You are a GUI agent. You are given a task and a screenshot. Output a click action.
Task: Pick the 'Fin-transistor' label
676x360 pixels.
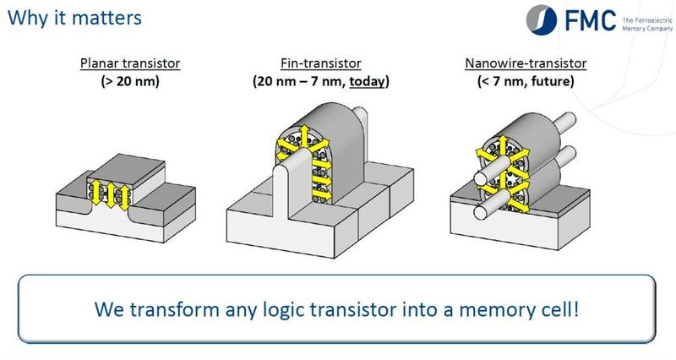click(x=319, y=63)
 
